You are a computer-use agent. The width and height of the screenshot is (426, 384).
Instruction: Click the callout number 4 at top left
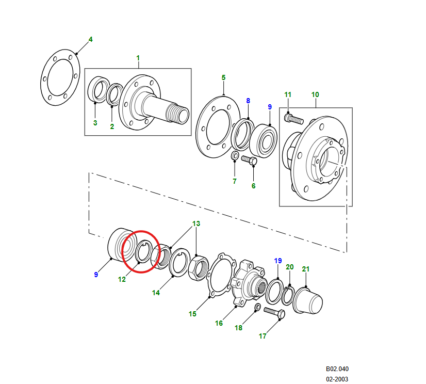pyautogui.click(x=91, y=39)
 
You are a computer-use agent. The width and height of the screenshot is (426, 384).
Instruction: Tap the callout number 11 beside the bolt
pyautogui.click(x=288, y=94)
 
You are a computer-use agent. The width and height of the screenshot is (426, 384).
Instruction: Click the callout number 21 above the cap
pyautogui.click(x=306, y=269)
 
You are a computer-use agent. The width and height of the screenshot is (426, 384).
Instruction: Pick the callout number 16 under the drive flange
pyautogui.click(x=219, y=323)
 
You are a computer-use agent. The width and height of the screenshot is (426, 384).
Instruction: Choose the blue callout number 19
pyautogui.click(x=278, y=261)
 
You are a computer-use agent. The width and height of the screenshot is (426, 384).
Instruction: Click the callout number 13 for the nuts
pyautogui.click(x=196, y=224)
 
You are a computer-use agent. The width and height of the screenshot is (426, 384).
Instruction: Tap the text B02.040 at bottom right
pyautogui.click(x=337, y=369)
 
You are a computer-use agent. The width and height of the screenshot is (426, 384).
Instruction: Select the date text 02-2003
pyautogui.click(x=337, y=379)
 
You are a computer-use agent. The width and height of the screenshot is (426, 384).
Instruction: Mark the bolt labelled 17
pyautogui.click(x=273, y=312)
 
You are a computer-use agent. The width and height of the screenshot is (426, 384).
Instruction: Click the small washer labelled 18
pyautogui.click(x=257, y=308)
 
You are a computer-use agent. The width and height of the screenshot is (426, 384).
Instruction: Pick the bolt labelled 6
pyautogui.click(x=249, y=161)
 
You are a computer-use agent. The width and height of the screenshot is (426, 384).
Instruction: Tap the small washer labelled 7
pyautogui.click(x=235, y=156)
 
